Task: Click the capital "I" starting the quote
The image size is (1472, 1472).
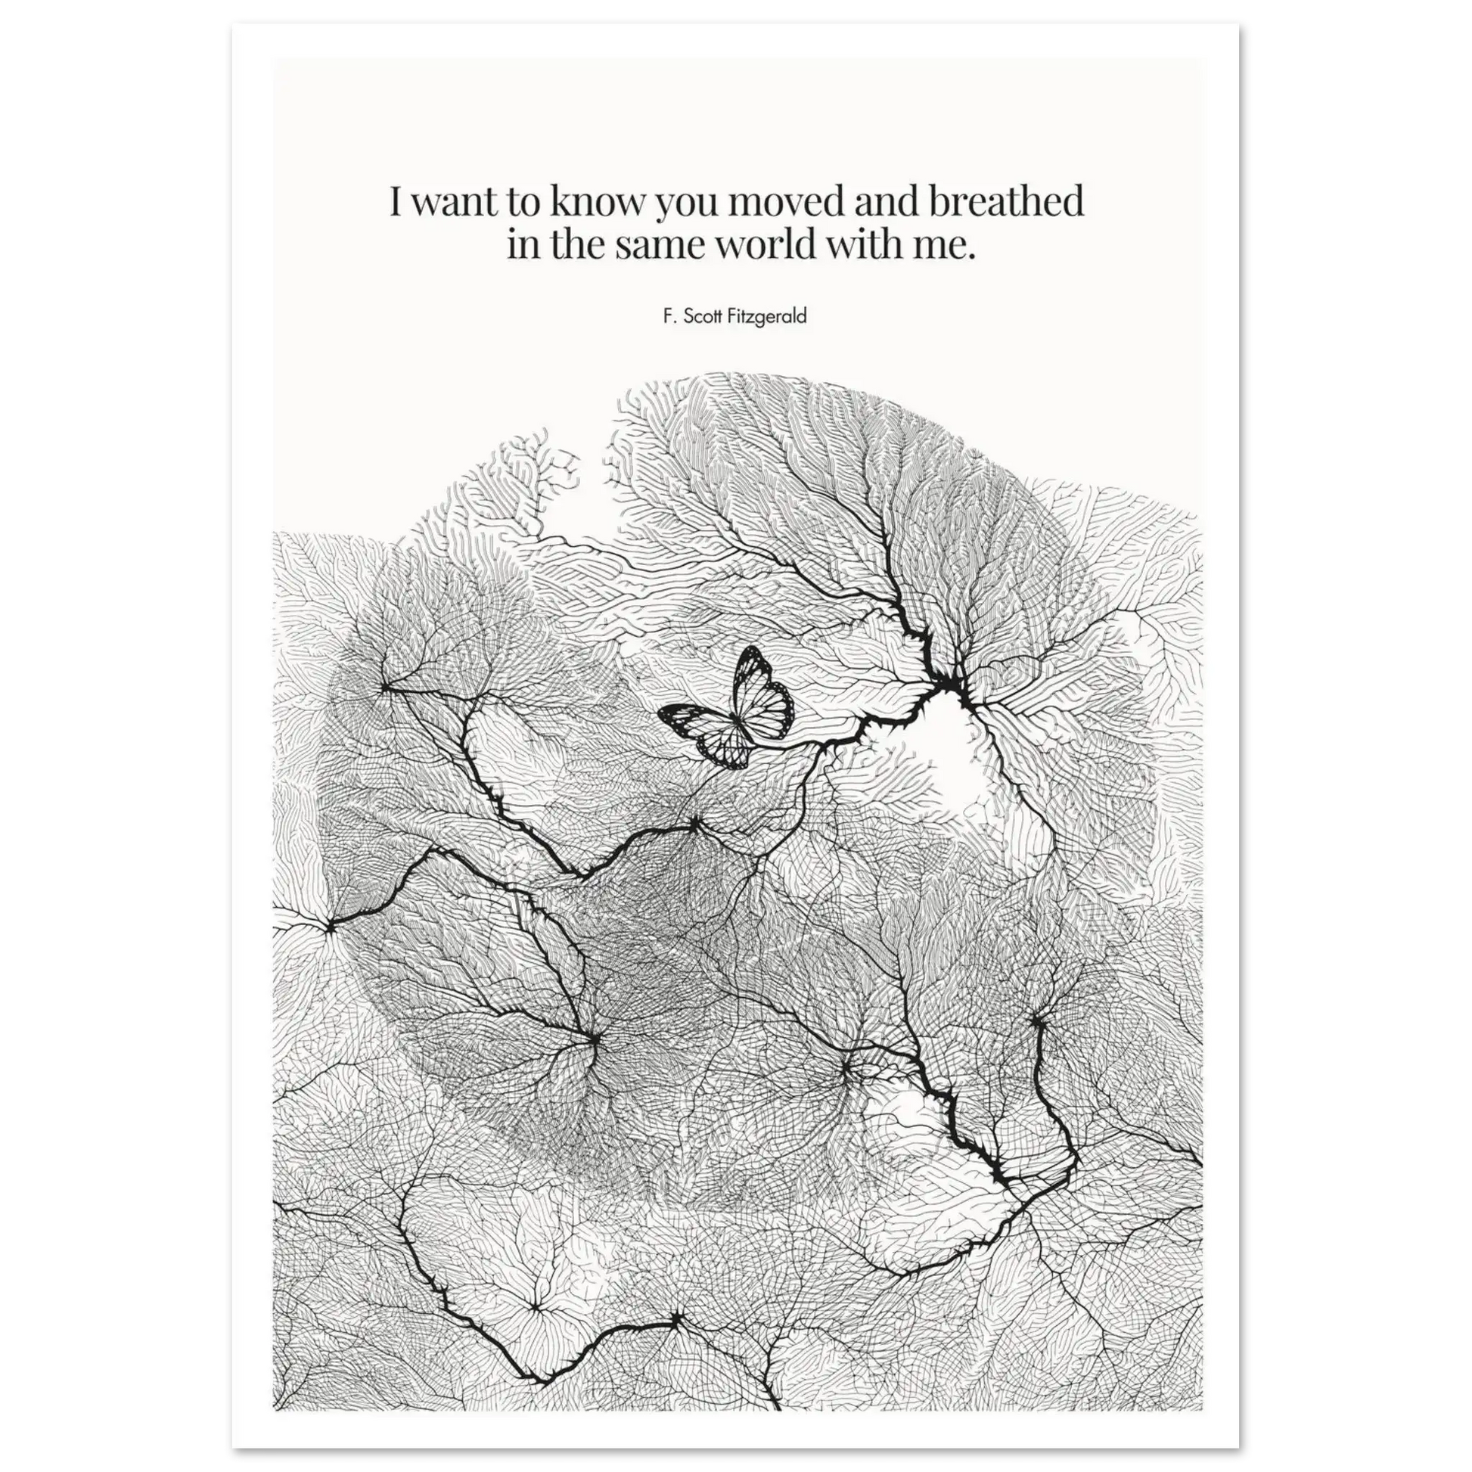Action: [396, 203]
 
